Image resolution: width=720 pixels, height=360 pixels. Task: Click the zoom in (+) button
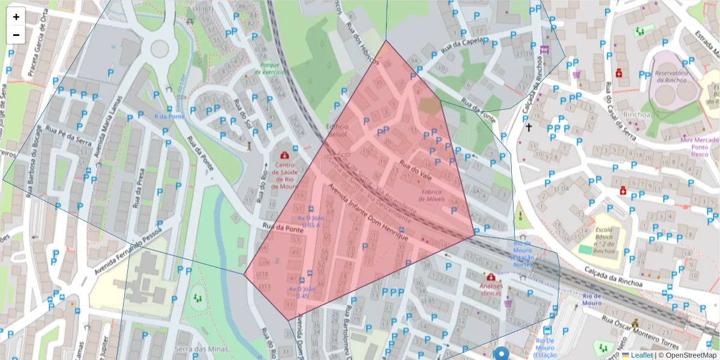[x=16, y=17]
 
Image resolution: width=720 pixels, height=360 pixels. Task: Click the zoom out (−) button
[x=16, y=35]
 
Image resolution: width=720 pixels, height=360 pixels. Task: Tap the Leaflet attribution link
[x=642, y=355]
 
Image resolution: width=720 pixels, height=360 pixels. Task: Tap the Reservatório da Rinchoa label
[x=674, y=77]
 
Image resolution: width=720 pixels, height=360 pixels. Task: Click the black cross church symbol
[x=529, y=127]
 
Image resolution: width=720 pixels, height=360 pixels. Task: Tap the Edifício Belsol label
[x=337, y=131]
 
